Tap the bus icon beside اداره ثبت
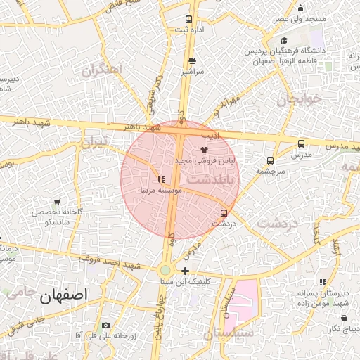pos(188,19)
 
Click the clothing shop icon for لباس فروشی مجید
pos(205,150)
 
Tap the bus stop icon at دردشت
pos(224,212)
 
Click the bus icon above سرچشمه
pos(271,160)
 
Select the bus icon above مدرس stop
pos(301,143)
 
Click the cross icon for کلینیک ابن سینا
pos(185,271)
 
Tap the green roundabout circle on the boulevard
pos(165,271)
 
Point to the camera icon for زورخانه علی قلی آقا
pos(105,325)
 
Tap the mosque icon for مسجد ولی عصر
pos(301,8)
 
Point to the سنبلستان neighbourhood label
pos(229,333)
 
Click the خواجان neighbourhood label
pos(300,99)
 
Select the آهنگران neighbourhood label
pos(102,70)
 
